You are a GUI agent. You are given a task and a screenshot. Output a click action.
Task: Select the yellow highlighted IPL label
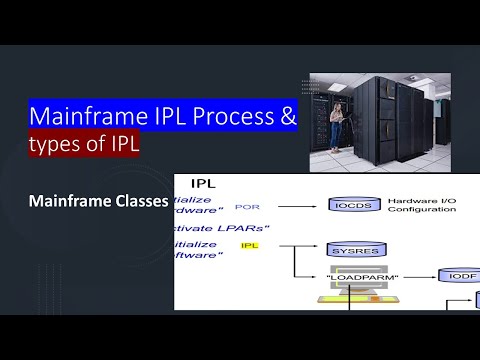pos(250,245)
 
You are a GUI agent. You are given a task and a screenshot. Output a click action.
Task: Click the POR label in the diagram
pos(246,206)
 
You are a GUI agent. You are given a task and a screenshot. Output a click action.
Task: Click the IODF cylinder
pos(461,274)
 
